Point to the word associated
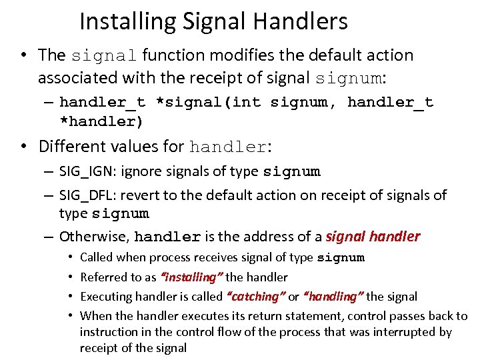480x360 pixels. point(82,78)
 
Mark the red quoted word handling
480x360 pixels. point(333,296)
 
